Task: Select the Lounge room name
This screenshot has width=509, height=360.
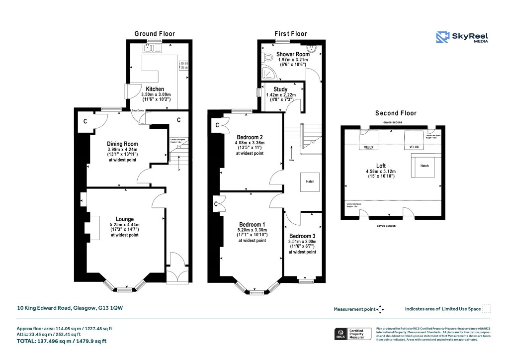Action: pos(125,219)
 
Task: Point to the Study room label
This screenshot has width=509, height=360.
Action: pos(280,90)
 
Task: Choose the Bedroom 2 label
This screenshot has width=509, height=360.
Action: pos(250,137)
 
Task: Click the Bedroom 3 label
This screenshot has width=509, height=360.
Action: pos(302,236)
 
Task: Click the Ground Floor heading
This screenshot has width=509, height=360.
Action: pos(155,34)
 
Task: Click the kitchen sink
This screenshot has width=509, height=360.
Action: pos(149,48)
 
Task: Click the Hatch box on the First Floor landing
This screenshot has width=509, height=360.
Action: pos(309,181)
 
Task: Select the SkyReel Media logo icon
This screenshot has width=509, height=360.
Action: pos(443,38)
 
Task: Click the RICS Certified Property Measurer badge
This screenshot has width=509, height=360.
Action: pos(352,334)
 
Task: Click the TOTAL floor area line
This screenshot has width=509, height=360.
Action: pos(62,341)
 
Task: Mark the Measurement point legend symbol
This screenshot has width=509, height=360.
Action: pos(380,309)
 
